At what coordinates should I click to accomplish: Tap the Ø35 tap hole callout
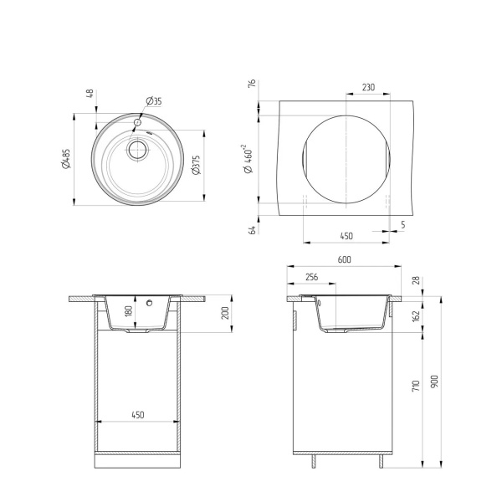coord(154,101)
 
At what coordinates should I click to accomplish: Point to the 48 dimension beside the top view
coord(90,94)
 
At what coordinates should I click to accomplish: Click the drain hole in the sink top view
coord(136,151)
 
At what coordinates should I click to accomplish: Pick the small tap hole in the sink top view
coord(136,122)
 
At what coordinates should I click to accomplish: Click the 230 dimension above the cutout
coord(368,87)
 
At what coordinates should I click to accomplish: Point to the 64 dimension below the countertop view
coord(251,228)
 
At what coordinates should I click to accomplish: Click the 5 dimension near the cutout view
coord(402,224)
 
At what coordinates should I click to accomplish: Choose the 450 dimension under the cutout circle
coord(345,235)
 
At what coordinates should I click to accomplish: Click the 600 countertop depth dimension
coord(344,259)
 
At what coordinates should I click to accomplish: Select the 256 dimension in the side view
coord(311,277)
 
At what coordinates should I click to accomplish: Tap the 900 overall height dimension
coord(435,381)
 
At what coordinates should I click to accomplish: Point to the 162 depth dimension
coord(416,316)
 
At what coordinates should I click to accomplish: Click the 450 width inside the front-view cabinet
coord(139,414)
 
